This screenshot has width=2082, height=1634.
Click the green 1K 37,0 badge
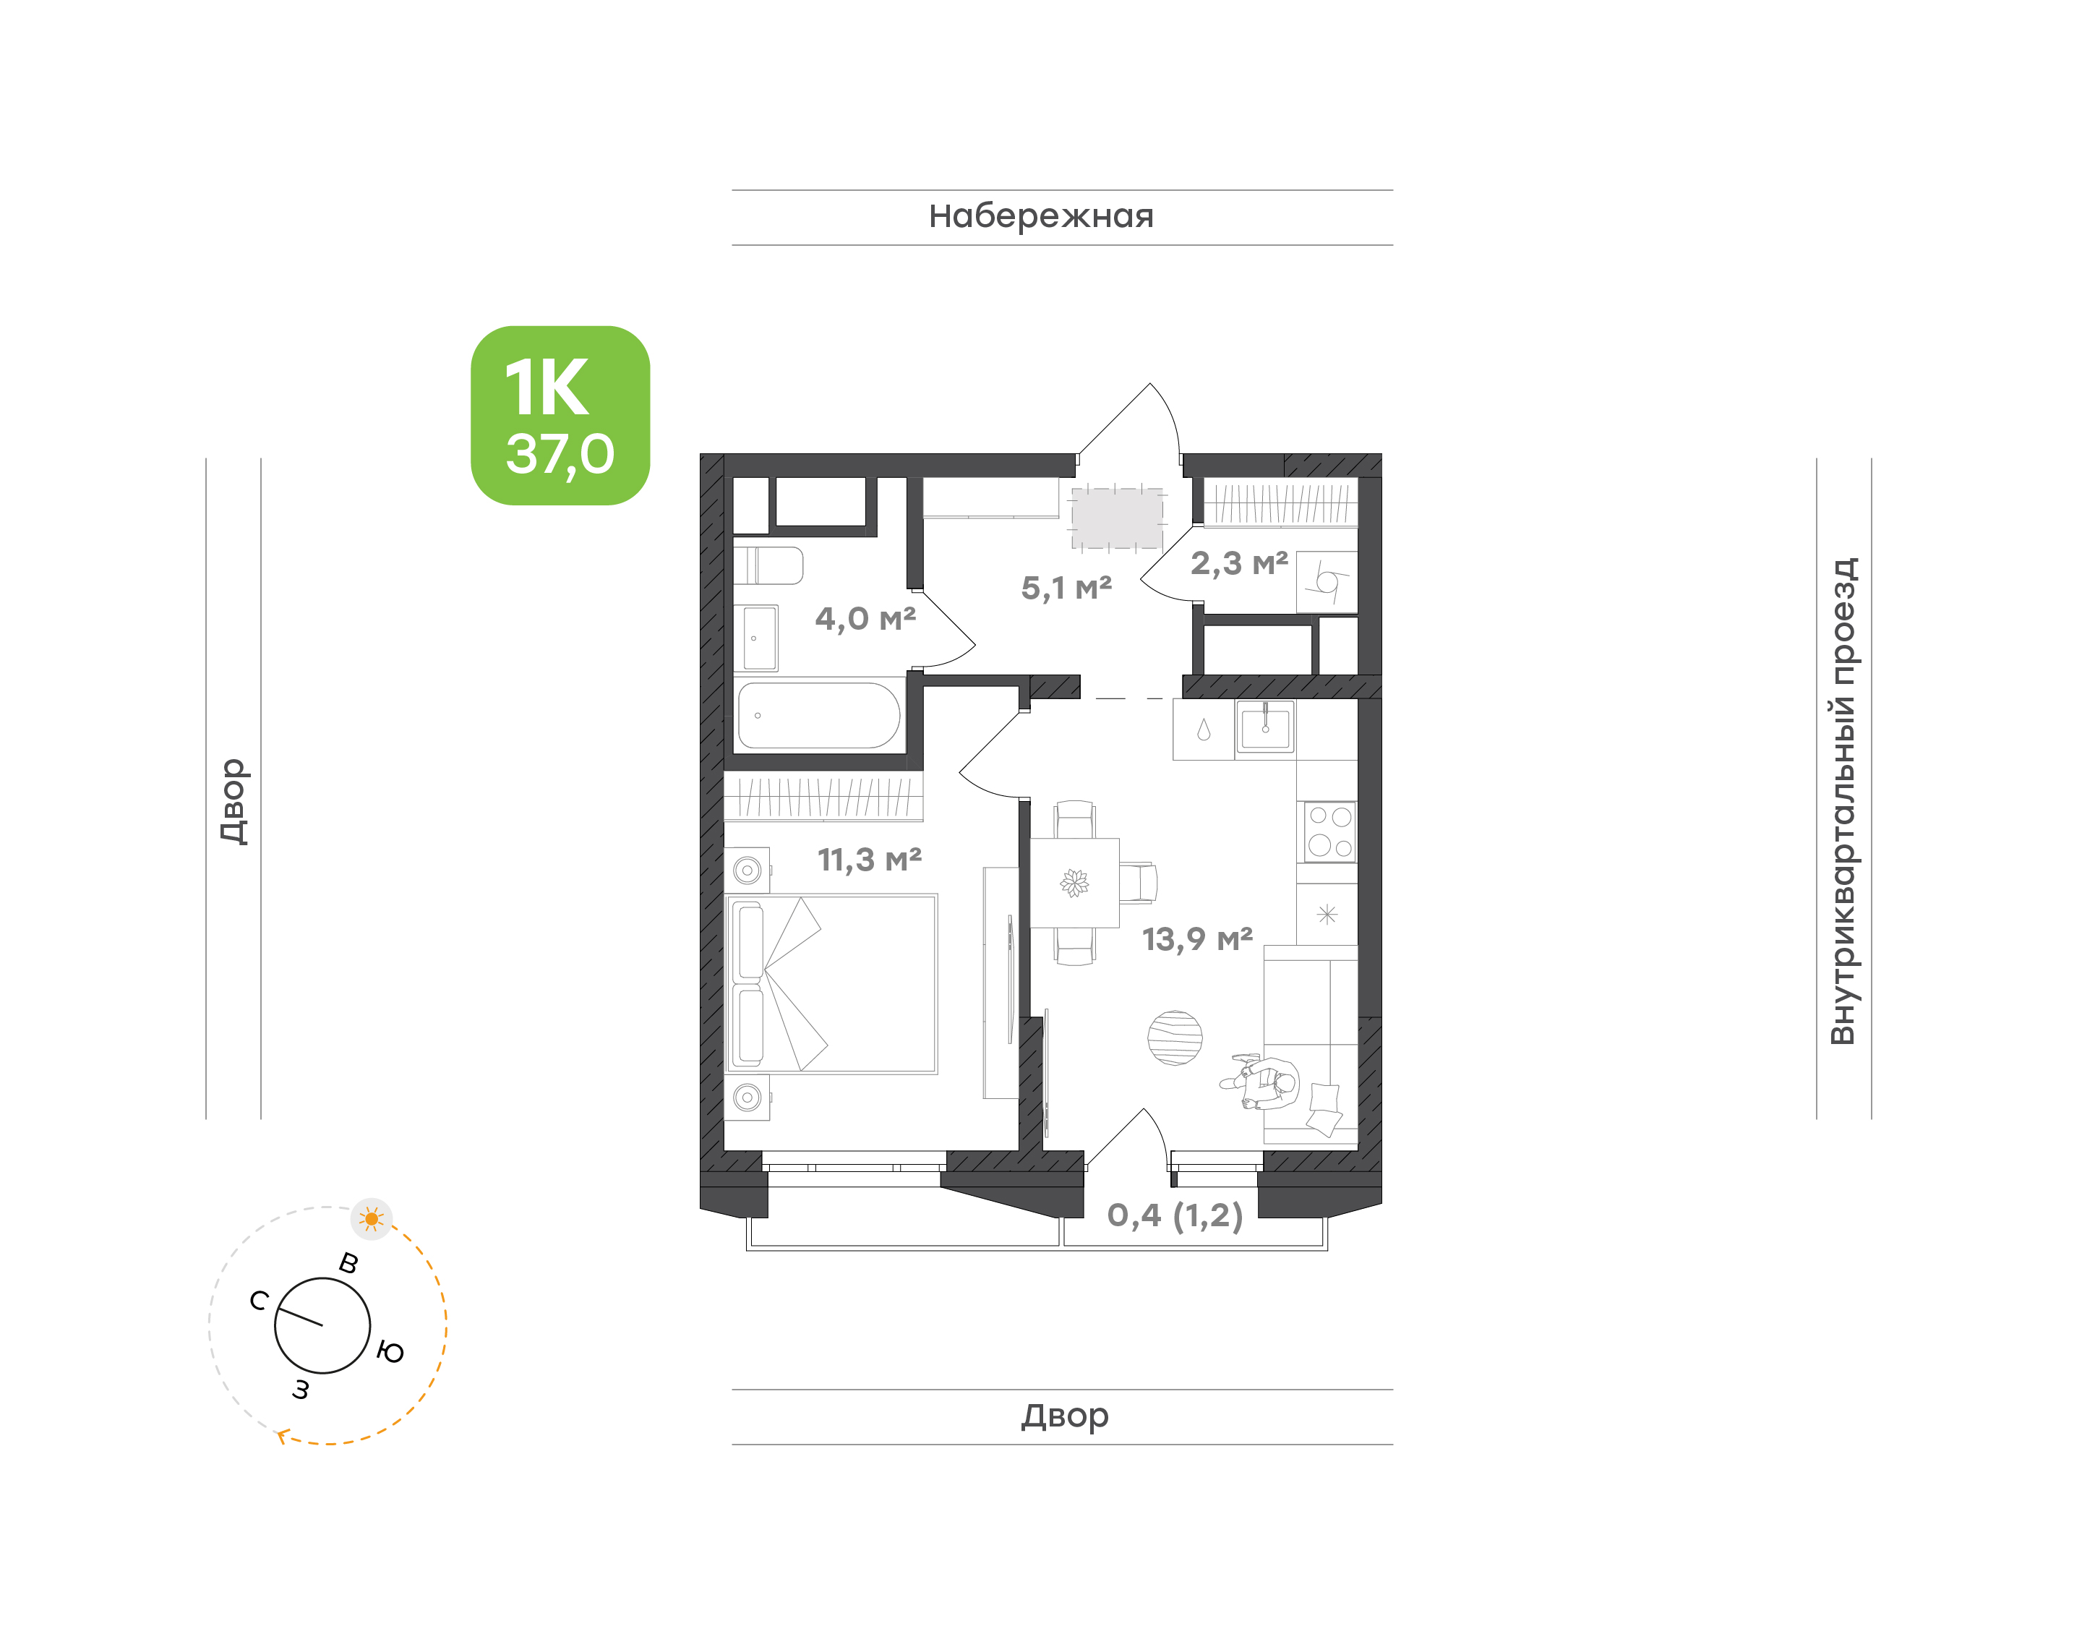pyautogui.click(x=560, y=415)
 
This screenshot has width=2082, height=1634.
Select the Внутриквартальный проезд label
pyautogui.click(x=1842, y=801)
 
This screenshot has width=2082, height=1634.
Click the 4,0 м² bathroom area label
pyautogui.click(x=865, y=618)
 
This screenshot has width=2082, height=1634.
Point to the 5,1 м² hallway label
pyautogui.click(x=1066, y=587)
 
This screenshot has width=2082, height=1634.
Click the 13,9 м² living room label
pyautogui.click(x=1197, y=938)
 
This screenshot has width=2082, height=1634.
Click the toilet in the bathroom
pyautogui.click(x=768, y=565)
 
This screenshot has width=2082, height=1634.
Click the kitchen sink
pyautogui.click(x=1264, y=729)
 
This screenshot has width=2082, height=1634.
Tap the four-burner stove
pyautogui.click(x=1329, y=831)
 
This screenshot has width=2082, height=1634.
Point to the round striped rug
pyautogui.click(x=1175, y=1038)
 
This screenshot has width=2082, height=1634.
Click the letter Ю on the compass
pyautogui.click(x=390, y=1352)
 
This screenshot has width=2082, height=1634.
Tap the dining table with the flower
pyautogui.click(x=1074, y=883)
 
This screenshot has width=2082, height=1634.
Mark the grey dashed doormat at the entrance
pyautogui.click(x=1117, y=518)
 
